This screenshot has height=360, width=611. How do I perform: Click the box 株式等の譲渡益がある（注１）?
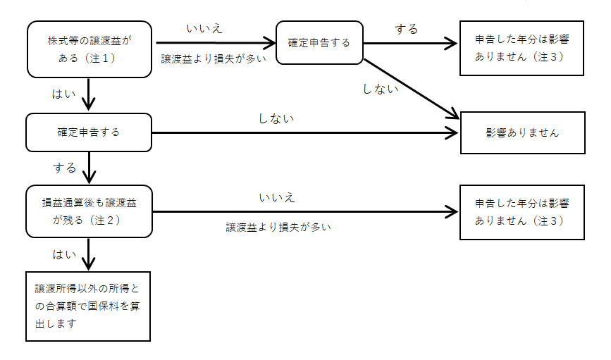[89, 49]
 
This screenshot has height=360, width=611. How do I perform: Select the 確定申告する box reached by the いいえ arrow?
[319, 43]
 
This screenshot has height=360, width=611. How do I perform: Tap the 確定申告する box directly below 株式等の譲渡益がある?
[89, 132]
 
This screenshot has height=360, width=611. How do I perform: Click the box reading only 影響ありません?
[522, 132]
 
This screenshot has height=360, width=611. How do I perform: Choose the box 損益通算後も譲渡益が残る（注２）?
[89, 211]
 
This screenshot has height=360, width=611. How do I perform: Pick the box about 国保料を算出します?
[89, 306]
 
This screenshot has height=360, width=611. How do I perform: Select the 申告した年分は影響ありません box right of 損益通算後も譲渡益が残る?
[522, 211]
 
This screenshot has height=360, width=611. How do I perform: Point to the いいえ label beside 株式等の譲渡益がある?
[205, 29]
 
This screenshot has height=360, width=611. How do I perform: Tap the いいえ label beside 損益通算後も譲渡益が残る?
[277, 197]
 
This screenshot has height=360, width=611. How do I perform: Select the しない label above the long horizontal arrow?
[277, 118]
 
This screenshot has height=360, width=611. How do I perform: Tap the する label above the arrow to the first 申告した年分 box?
[407, 29]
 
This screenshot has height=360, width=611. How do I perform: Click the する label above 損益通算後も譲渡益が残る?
[64, 168]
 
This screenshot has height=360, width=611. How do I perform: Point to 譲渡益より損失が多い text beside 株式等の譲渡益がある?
[214, 59]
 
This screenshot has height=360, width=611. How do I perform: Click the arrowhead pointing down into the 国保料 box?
[89, 264]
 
